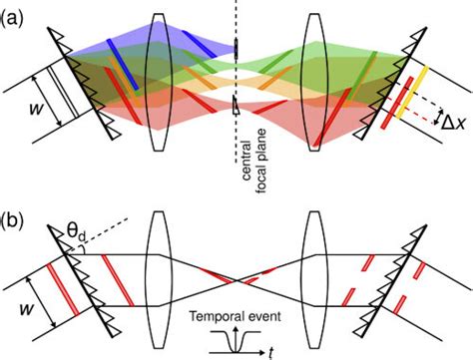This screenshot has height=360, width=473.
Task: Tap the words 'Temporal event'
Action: click(236, 318)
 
